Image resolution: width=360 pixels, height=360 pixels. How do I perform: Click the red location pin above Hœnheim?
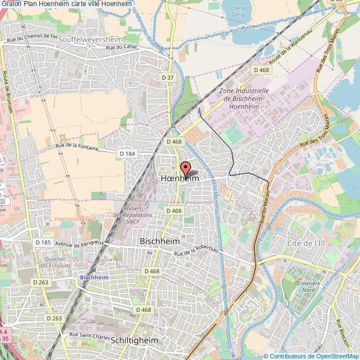184,168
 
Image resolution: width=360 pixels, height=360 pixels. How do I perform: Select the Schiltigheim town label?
135,340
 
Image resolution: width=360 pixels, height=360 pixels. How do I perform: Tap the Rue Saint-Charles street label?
88,334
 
